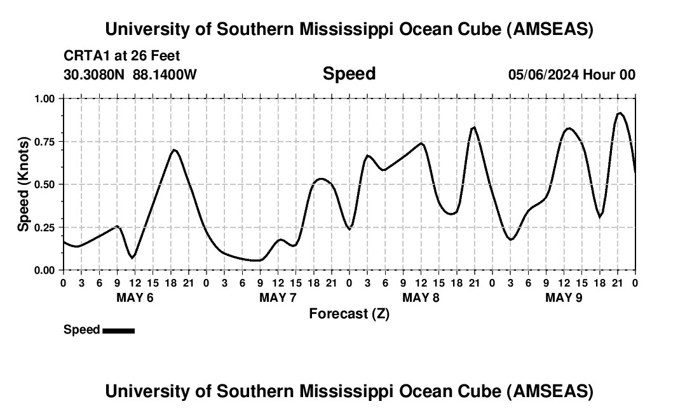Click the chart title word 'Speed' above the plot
349,74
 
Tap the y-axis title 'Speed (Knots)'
24,184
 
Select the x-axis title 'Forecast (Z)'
349,314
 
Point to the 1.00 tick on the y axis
45,98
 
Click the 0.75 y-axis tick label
45,142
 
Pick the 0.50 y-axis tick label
45,184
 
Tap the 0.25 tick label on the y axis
45,227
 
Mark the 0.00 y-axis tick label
45,270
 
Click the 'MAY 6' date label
135,298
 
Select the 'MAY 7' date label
278,298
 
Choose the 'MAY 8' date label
421,298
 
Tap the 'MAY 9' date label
564,298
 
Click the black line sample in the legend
118,330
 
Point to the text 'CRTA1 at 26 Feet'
122,56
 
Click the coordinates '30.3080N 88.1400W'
130,75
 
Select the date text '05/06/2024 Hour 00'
571,75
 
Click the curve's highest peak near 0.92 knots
620,113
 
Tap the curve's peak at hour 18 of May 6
174,150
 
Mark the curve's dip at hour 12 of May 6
132,257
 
